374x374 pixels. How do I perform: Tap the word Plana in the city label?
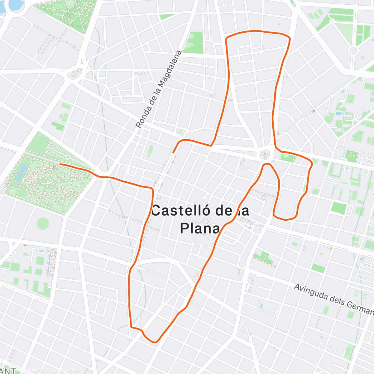coord(200,228)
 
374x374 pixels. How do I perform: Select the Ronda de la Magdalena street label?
coord(159,89)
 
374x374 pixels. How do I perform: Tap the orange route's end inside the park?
coord(60,164)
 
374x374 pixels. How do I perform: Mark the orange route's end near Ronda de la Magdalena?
coord(173,152)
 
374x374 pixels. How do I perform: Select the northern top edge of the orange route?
coord(256,31)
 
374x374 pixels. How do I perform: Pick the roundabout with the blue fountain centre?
coord(265,154)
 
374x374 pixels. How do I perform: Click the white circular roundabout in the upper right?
coord(353,50)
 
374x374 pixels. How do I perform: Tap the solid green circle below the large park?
coord(43,223)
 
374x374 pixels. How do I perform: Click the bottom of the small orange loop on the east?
coord(285,219)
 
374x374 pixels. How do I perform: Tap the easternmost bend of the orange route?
coord(312,163)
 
